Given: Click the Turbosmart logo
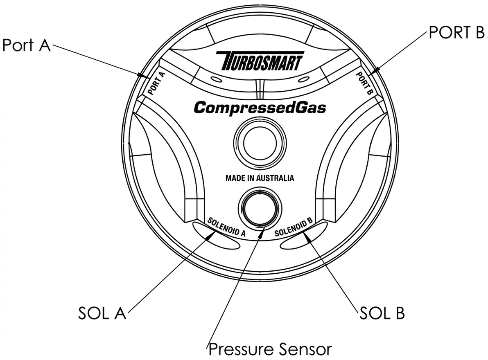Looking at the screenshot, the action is click(x=260, y=60).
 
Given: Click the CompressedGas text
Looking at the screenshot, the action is click(x=260, y=108).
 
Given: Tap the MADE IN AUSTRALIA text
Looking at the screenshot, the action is click(x=260, y=178).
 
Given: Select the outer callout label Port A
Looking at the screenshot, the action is click(x=26, y=45).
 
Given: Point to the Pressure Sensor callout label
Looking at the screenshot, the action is click(x=270, y=349).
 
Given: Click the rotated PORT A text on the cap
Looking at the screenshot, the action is click(x=156, y=83).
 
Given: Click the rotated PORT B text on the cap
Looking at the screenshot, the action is click(x=364, y=83).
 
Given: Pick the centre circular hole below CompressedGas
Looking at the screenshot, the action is click(x=260, y=144).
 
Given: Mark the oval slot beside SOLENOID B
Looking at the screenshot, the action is click(x=304, y=235).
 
